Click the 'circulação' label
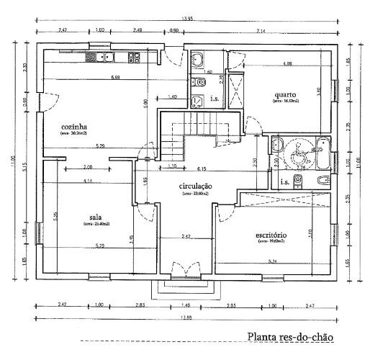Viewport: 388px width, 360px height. pyautogui.click(x=195, y=186)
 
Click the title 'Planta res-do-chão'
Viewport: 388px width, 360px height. pyautogui.click(x=290, y=336)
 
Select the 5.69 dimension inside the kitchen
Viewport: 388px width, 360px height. pyautogui.click(x=115, y=77)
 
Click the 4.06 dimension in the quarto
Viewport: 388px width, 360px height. pyautogui.click(x=287, y=65)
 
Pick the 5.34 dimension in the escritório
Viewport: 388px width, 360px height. pyautogui.click(x=272, y=261)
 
